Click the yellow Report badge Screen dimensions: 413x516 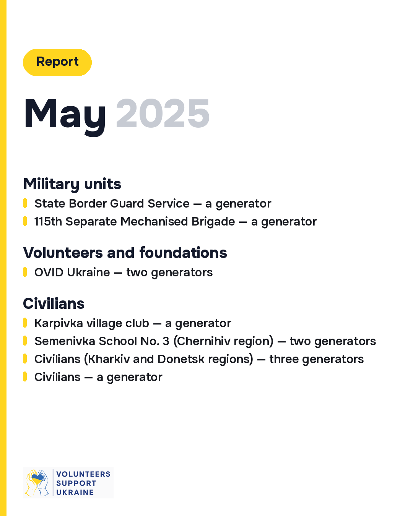(x=57, y=62)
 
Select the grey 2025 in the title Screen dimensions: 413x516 (x=163, y=113)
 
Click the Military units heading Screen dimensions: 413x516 (x=72, y=184)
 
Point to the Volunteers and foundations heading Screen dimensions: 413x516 (x=125, y=253)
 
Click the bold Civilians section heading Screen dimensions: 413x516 (x=54, y=303)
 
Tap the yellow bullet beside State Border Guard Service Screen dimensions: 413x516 (x=25, y=203)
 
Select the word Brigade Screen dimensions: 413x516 (x=213, y=222)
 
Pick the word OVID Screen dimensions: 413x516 (x=49, y=273)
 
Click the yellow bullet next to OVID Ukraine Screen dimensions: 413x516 (x=25, y=272)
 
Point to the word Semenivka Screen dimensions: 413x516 (x=65, y=341)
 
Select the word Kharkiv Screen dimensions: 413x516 (x=108, y=359)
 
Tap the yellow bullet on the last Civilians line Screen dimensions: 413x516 (x=25, y=377)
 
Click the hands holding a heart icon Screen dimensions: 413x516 (x=37, y=483)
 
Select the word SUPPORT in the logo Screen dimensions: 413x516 (x=76, y=483)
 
